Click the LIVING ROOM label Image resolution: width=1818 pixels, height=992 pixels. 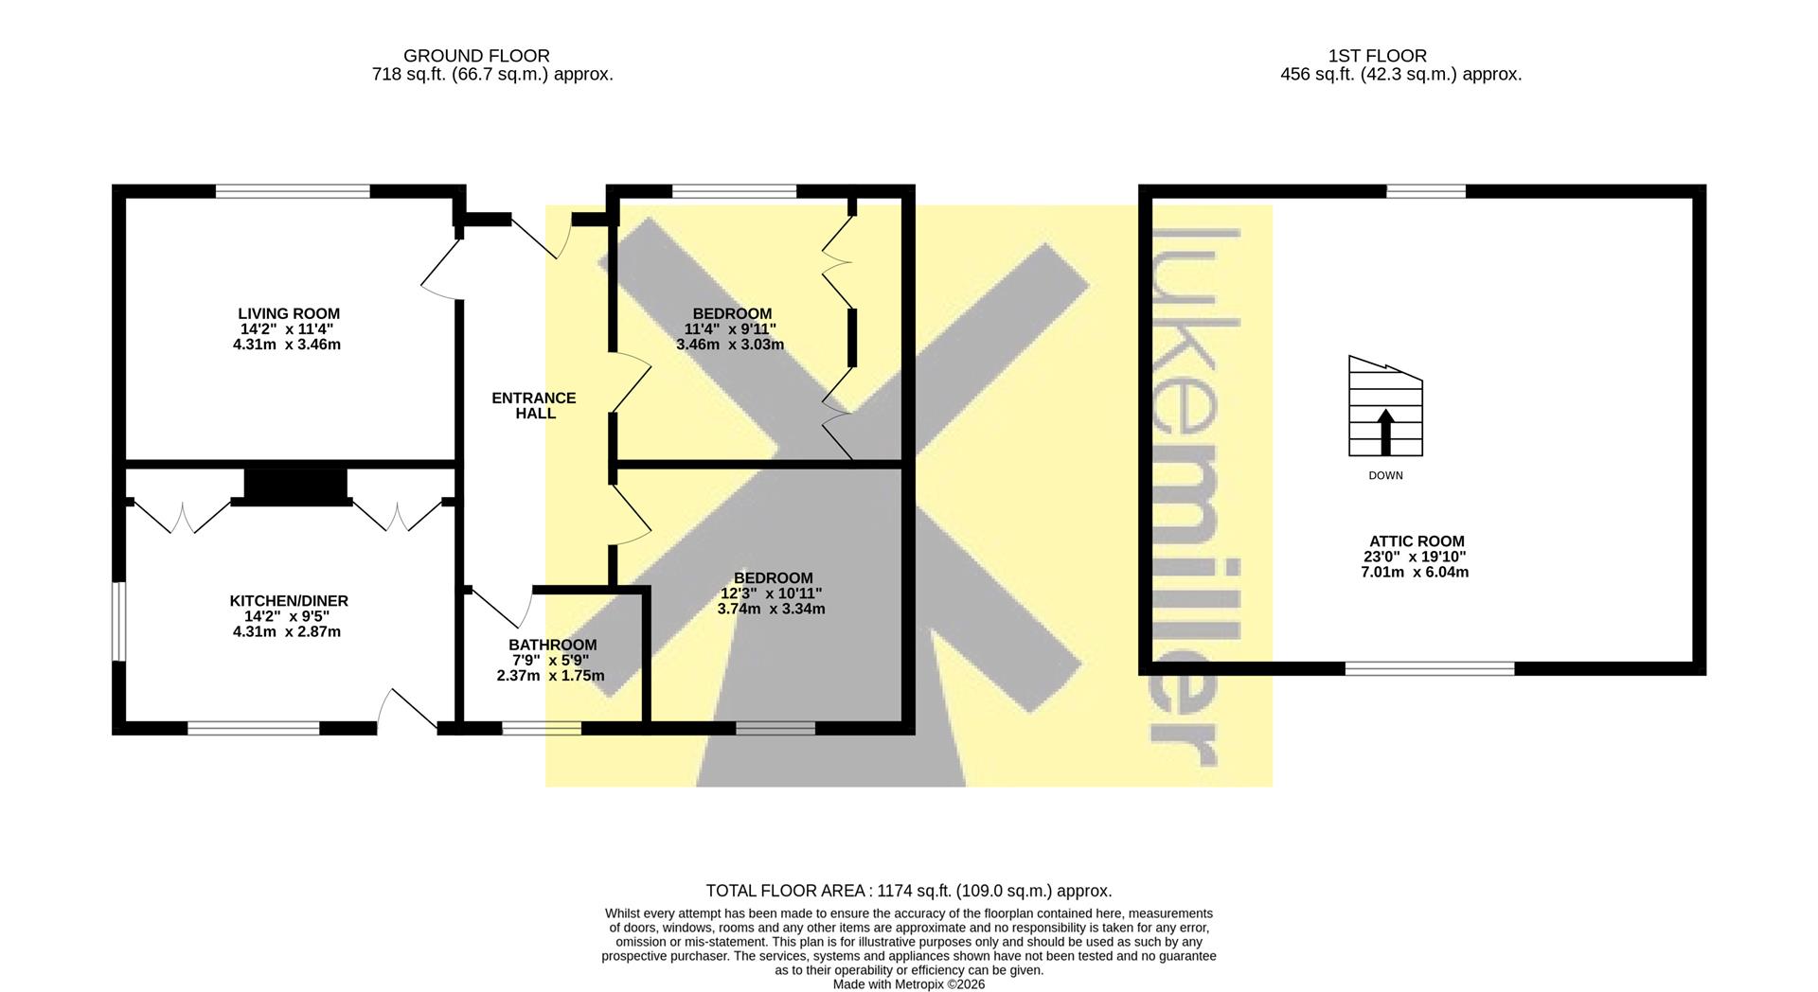click(x=289, y=313)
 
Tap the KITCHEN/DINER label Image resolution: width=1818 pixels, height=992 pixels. click(x=289, y=601)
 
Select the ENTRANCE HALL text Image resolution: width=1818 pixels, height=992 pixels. click(x=534, y=405)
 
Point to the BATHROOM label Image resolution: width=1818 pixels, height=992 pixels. click(x=553, y=646)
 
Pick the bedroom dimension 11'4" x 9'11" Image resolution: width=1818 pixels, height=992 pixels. click(x=730, y=329)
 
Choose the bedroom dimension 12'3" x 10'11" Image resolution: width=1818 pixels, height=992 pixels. click(x=772, y=593)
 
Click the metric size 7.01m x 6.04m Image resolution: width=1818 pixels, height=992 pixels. click(x=1415, y=572)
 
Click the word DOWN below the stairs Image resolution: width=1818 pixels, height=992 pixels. click(x=1385, y=475)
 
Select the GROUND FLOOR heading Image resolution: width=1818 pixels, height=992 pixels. click(x=476, y=56)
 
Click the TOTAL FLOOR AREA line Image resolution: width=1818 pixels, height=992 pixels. click(x=909, y=891)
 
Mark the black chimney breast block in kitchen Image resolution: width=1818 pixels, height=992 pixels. click(x=294, y=486)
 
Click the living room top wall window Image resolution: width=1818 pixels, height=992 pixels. click(x=293, y=191)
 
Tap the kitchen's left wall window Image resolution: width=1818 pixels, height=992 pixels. click(x=119, y=620)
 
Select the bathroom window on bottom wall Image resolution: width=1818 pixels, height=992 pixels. click(x=542, y=728)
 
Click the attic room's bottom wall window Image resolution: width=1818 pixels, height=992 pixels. click(x=1430, y=668)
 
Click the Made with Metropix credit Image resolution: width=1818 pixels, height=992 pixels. click(x=909, y=984)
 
